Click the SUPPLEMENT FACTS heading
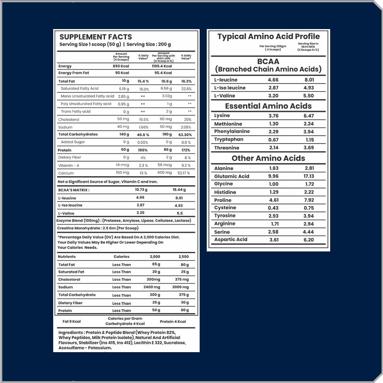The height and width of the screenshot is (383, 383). pyautogui.click(x=95, y=37)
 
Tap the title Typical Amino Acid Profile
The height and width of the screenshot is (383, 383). pyautogui.click(x=268, y=37)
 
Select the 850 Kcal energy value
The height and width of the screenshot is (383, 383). pyautogui.click(x=121, y=66)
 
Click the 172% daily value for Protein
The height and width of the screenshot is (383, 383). pyautogui.click(x=185, y=150)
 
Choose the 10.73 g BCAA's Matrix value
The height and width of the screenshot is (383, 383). pyautogui.click(x=141, y=190)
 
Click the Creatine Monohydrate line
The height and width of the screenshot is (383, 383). pyautogui.click(x=98, y=228)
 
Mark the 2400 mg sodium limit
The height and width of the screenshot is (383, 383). pyautogui.click(x=152, y=287)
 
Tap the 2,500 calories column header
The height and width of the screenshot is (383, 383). pyautogui.click(x=183, y=257)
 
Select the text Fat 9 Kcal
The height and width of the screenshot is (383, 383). pyautogui.click(x=72, y=322)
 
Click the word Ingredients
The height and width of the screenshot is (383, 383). pyautogui.click(x=71, y=333)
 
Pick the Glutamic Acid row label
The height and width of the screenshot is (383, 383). pyautogui.click(x=232, y=176)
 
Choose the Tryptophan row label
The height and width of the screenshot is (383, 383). pyautogui.click(x=229, y=139)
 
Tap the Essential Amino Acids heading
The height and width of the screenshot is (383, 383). pyautogui.click(x=268, y=106)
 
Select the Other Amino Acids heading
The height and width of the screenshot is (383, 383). pyautogui.click(x=268, y=158)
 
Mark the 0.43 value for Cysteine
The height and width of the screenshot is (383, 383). pyautogui.click(x=273, y=208)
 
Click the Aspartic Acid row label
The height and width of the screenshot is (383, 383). pyautogui.click(x=231, y=239)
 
